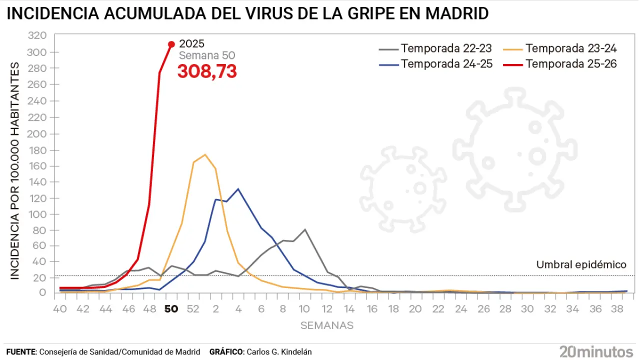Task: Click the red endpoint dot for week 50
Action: (x=171, y=44)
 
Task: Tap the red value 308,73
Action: (x=207, y=71)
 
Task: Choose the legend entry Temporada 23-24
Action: (x=571, y=48)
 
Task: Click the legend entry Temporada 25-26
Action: (x=571, y=63)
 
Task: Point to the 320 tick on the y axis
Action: (x=37, y=35)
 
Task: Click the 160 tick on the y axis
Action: (x=37, y=166)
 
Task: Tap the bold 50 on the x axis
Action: (x=171, y=309)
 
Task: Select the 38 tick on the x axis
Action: (x=616, y=309)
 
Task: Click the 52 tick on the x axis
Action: (x=193, y=309)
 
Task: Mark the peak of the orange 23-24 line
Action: (x=205, y=154)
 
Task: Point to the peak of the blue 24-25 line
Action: (x=238, y=189)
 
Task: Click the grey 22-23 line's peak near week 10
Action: (x=305, y=229)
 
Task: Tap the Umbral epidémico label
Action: (x=581, y=265)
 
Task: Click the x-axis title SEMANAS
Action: (x=327, y=325)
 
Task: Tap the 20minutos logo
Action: (x=596, y=351)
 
